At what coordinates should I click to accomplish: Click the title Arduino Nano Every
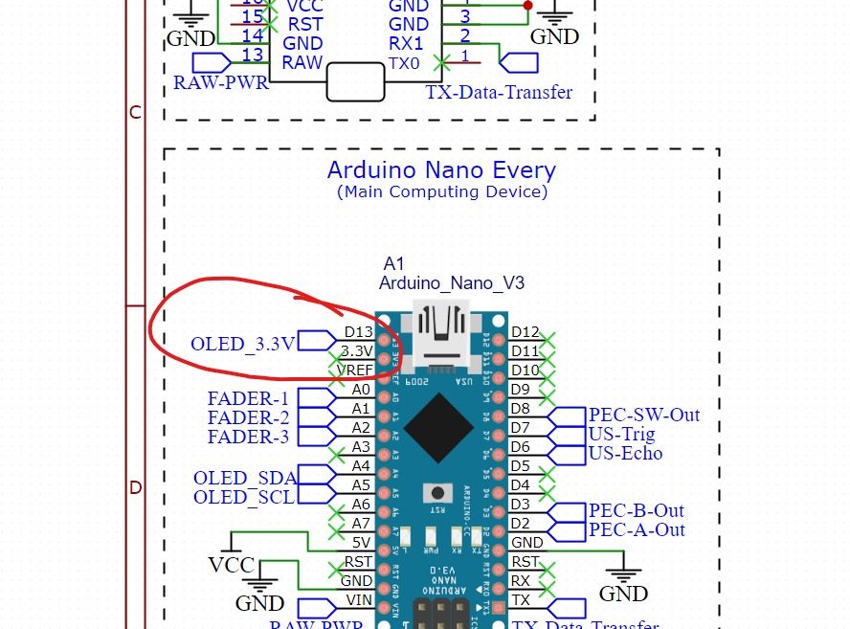[441, 170]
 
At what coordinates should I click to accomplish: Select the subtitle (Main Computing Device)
[441, 191]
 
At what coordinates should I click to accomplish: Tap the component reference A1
[393, 263]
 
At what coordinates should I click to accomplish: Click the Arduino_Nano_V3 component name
[451, 283]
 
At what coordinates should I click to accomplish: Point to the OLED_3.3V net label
[243, 344]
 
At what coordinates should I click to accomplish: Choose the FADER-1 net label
[248, 398]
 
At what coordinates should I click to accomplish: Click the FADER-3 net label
[248, 437]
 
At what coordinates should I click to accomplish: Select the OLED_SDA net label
[244, 478]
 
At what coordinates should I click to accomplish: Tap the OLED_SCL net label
[244, 497]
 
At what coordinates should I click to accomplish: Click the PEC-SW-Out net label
[644, 415]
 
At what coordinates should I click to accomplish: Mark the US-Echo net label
[626, 453]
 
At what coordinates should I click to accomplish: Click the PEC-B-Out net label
[637, 510]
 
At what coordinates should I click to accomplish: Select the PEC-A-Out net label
[637, 529]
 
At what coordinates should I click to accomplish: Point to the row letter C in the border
[135, 113]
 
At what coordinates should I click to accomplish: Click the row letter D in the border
[135, 487]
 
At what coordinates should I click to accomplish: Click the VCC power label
[232, 565]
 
